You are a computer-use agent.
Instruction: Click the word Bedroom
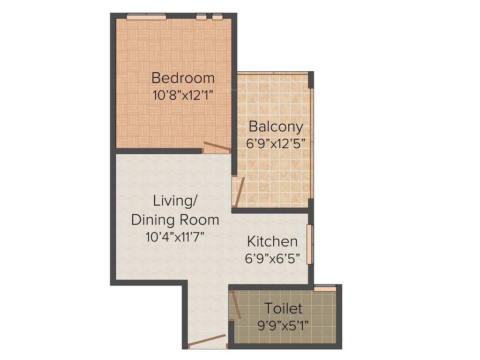coord(183,77)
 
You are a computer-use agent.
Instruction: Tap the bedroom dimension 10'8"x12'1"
coord(183,96)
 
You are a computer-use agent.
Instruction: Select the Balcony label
coord(276,127)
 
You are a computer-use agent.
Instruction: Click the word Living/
coord(175,201)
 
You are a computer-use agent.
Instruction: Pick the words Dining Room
coord(175,219)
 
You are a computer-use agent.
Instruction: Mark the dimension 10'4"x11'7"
coord(175,237)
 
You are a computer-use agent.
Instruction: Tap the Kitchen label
coord(272,242)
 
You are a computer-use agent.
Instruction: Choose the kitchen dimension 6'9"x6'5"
coord(272,258)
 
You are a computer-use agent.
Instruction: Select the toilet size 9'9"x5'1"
coord(283,325)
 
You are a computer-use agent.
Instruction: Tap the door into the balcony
coord(239,192)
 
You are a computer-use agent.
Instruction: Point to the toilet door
coord(236,305)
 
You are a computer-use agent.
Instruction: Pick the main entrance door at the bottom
coord(207,342)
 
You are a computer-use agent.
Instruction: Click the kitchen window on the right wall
coord(309,244)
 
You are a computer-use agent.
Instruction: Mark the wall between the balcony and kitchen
coord(270,210)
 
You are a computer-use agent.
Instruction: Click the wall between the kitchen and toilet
coord(268,286)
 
